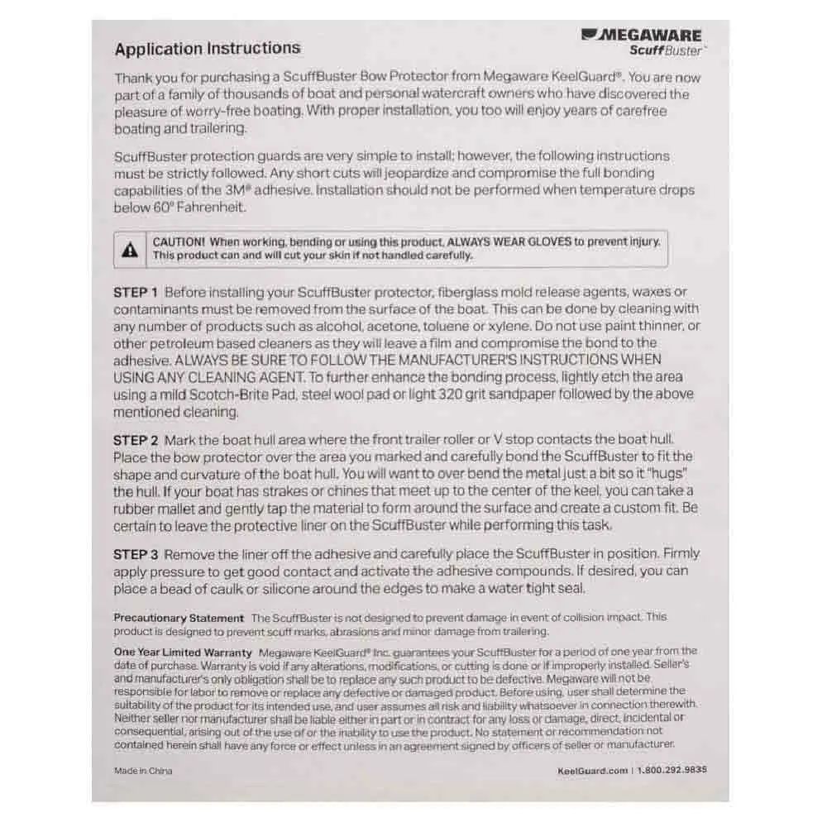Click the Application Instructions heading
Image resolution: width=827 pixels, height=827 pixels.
click(x=208, y=49)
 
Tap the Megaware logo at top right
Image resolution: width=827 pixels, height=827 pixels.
click(x=642, y=36)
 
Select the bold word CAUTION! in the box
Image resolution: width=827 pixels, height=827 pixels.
click(x=179, y=241)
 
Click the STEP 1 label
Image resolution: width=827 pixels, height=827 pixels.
click(x=136, y=292)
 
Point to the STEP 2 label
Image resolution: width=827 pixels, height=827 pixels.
click(x=136, y=440)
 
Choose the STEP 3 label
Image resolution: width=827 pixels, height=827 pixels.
click(x=136, y=554)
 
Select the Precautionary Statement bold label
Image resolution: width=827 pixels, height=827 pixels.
click(x=179, y=618)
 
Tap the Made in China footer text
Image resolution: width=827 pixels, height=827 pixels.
click(x=143, y=770)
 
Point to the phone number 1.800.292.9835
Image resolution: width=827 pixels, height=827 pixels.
click(x=672, y=770)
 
